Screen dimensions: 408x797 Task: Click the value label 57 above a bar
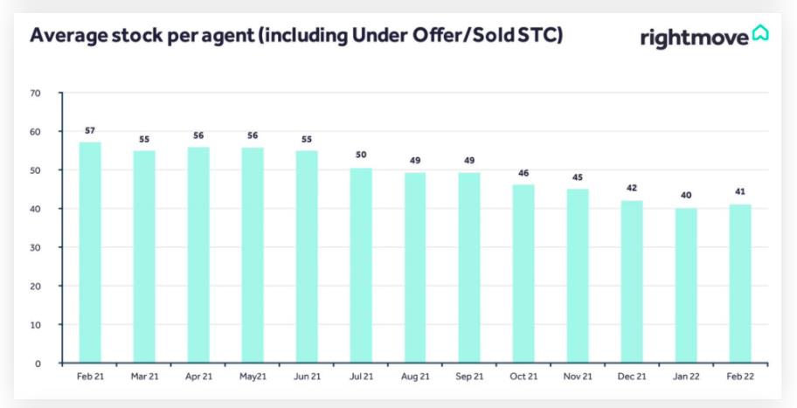pyautogui.click(x=90, y=130)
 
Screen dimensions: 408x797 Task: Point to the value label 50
pyautogui.click(x=361, y=155)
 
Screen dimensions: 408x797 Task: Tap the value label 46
pyautogui.click(x=523, y=172)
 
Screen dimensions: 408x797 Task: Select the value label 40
pyautogui.click(x=686, y=195)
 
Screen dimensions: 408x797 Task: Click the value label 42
pyautogui.click(x=632, y=187)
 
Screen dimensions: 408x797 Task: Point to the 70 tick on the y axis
pyautogui.click(x=35, y=93)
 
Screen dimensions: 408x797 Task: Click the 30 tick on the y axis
pyautogui.click(x=35, y=247)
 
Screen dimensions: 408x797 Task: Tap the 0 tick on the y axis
pyautogui.click(x=38, y=363)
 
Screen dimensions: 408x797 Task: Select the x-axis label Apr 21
pyautogui.click(x=198, y=377)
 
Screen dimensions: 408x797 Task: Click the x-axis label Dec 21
pyautogui.click(x=632, y=377)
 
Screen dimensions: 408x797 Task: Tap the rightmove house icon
pyautogui.click(x=759, y=33)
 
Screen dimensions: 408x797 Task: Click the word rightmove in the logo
pyautogui.click(x=694, y=38)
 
